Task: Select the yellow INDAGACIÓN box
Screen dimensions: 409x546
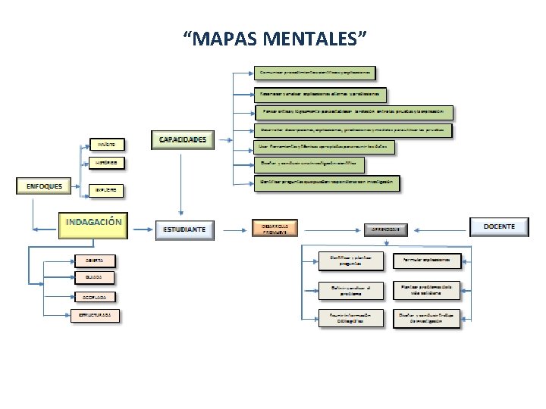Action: click(x=93, y=223)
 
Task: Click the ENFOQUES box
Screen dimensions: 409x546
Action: click(x=44, y=186)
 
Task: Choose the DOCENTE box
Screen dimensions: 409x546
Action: click(x=499, y=226)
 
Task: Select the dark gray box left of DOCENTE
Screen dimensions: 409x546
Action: click(x=385, y=228)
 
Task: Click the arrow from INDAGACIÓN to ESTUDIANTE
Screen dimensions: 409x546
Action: click(x=142, y=229)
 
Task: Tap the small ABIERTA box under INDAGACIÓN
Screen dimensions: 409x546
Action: click(x=96, y=261)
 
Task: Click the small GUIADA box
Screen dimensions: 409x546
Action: click(x=96, y=278)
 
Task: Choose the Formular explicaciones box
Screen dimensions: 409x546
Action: click(x=427, y=261)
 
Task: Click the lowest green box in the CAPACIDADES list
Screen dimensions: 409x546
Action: click(x=326, y=183)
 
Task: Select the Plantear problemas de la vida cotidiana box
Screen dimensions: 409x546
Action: click(x=427, y=289)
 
